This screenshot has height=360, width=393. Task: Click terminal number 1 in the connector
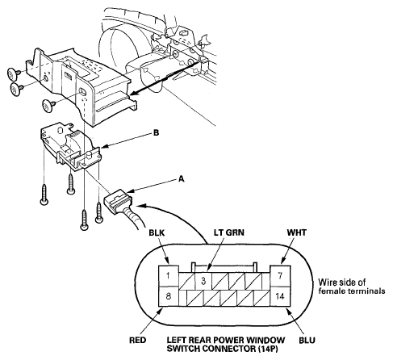(x=169, y=276)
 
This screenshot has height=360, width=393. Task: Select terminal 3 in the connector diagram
(x=203, y=281)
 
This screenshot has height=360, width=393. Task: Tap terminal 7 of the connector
(x=280, y=276)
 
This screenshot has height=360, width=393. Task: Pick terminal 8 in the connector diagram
(x=169, y=296)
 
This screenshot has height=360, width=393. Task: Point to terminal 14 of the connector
(x=280, y=296)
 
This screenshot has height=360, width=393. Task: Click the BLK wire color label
(x=157, y=232)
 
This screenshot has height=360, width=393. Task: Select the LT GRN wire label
(x=229, y=232)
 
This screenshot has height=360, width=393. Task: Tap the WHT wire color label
(x=297, y=232)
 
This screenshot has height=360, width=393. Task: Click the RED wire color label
(x=138, y=340)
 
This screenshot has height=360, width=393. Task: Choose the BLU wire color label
(x=307, y=340)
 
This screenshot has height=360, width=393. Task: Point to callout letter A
(x=182, y=178)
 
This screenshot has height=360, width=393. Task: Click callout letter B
(x=156, y=133)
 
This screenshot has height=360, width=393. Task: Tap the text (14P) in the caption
(x=268, y=349)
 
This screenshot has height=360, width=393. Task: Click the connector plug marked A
(x=118, y=201)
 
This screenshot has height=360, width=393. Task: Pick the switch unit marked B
(x=70, y=147)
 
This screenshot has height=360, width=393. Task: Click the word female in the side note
(x=332, y=291)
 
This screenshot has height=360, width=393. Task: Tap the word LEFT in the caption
(x=176, y=340)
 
